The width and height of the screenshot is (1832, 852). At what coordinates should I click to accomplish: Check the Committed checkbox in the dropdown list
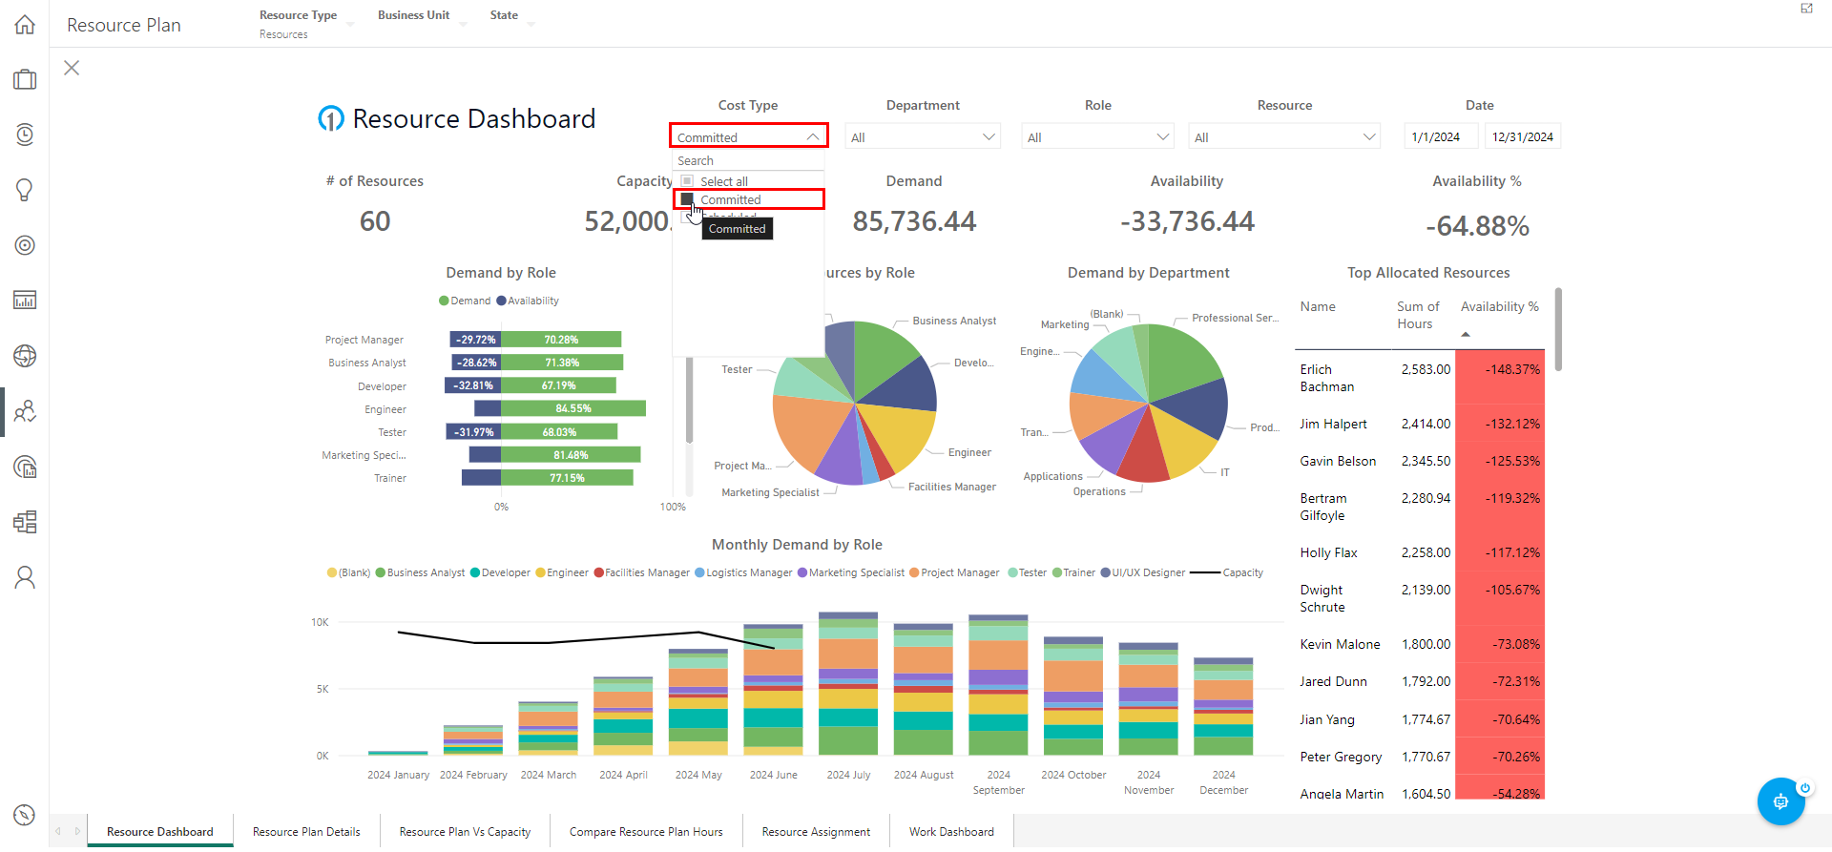coord(687,199)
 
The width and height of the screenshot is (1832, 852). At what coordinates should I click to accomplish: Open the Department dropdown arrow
coord(989,137)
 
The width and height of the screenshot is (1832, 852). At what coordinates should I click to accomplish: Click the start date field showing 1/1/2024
coord(1439,137)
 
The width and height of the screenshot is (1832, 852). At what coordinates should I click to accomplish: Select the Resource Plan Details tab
coord(306,832)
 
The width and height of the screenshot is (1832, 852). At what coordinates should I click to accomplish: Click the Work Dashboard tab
coord(951,832)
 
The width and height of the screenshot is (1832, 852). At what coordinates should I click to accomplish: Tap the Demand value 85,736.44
coord(914,221)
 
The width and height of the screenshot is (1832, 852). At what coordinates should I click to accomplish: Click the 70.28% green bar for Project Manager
coord(561,340)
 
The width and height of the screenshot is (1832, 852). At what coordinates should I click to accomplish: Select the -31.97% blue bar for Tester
coord(473,432)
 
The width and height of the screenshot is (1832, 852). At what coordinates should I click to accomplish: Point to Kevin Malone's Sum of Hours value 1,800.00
coord(1426,645)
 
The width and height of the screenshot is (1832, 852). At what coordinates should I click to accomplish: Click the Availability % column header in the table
coord(1499,307)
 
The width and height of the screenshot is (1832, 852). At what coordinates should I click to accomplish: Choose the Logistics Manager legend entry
coord(748,573)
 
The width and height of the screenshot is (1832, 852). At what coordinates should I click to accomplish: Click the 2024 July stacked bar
coord(848,687)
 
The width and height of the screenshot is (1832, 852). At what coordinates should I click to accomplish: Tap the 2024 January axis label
coord(398,776)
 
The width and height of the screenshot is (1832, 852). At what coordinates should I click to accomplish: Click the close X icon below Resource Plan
coord(72,68)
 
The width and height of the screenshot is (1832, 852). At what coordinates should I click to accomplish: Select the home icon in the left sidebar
coord(25,25)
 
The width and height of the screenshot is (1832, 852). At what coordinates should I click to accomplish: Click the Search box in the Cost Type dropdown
coord(748,161)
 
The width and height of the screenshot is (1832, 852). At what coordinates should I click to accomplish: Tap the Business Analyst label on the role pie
coord(953,322)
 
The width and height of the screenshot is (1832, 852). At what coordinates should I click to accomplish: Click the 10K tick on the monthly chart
coord(320,623)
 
